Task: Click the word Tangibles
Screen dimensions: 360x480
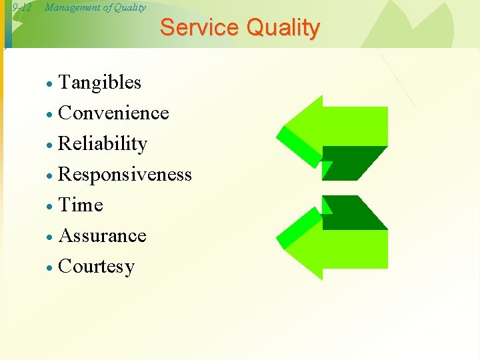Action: (100, 83)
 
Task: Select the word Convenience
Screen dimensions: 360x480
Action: (113, 113)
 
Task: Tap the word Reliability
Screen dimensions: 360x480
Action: (103, 144)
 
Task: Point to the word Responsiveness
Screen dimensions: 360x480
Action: (125, 175)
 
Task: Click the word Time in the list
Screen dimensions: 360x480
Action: (81, 205)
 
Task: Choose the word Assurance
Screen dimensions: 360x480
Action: (102, 236)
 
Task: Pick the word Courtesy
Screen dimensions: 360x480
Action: (97, 267)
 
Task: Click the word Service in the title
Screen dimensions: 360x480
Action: (199, 28)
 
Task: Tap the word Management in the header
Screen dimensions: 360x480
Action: (71, 7)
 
